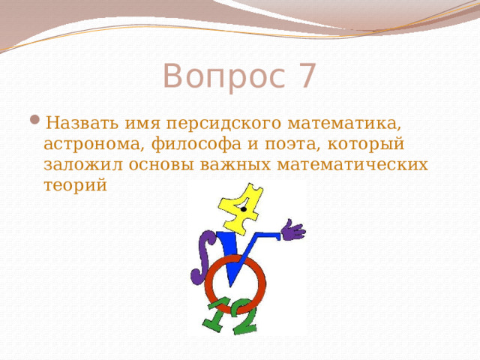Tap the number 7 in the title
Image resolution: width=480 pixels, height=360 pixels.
pyautogui.click(x=307, y=76)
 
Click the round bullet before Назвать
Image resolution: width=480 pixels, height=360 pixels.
pyautogui.click(x=35, y=122)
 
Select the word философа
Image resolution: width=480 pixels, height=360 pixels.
pyautogui.click(x=189, y=143)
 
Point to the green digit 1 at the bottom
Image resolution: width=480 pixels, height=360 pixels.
pyautogui.click(x=217, y=315)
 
